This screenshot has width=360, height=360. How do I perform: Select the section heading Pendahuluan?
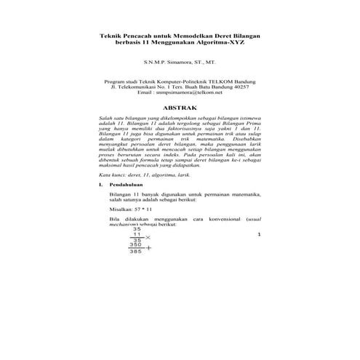[125, 185]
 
